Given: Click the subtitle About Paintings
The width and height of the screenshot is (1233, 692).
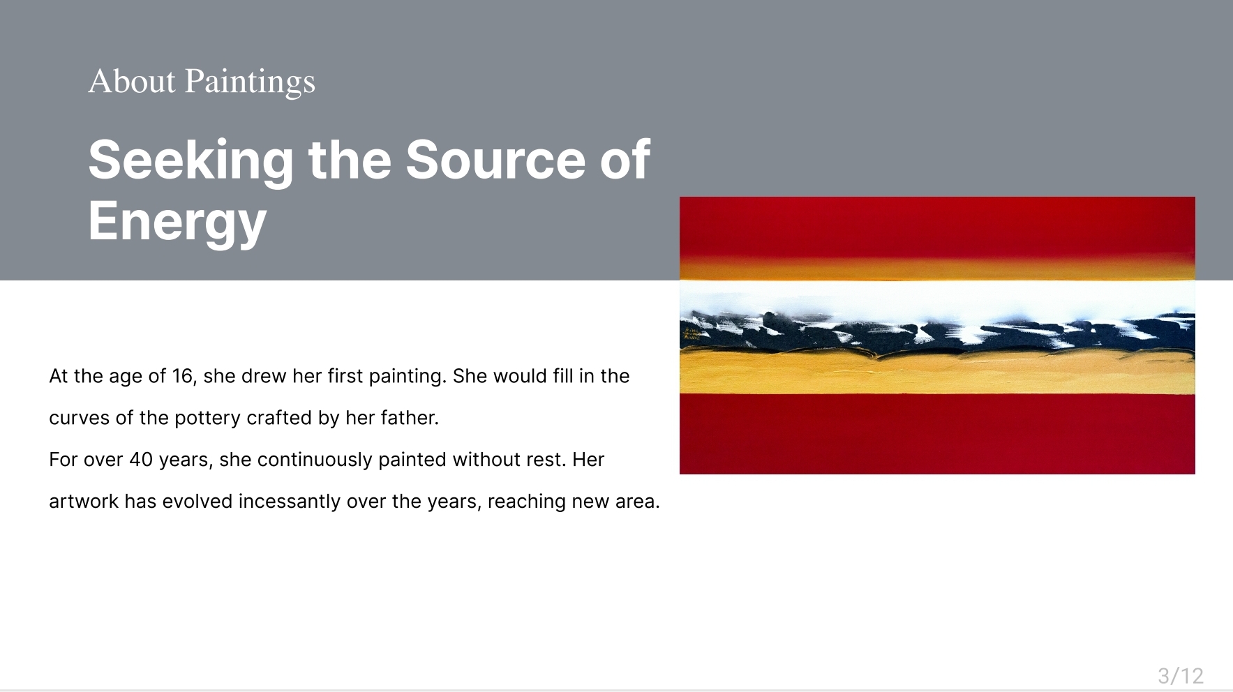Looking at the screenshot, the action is click(202, 82).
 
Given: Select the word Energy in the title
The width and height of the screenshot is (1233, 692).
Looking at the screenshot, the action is click(177, 221).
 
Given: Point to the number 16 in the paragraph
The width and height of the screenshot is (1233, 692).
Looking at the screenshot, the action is click(182, 376).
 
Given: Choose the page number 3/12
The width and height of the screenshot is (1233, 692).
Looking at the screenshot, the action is click(1181, 675).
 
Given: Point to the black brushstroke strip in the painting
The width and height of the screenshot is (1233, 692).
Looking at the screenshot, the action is click(937, 333).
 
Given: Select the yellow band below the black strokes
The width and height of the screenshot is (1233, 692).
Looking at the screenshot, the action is click(937, 373).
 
